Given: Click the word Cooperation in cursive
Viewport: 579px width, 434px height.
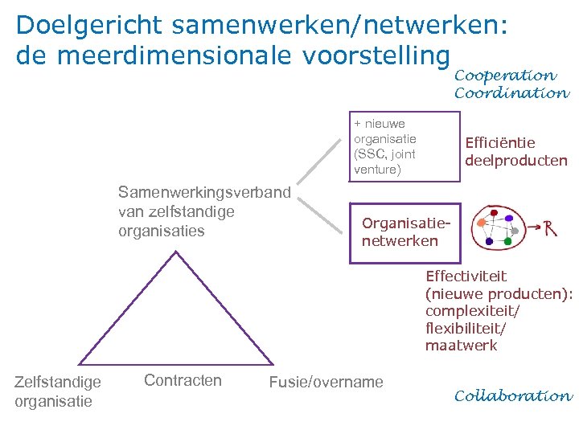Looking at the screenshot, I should coord(505,76).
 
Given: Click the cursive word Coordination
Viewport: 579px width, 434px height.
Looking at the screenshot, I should coord(511,93).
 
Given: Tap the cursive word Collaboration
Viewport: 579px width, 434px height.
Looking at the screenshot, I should coord(513,396).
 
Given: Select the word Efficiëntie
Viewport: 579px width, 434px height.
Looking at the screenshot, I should coord(500,143).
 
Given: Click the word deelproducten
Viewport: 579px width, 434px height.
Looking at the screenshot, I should coord(516,161).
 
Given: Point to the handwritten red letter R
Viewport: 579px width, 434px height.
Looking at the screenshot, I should coord(551,227).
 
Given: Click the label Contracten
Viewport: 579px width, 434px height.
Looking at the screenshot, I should coord(183,380).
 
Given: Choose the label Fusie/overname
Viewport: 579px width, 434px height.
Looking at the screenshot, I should coord(326,382).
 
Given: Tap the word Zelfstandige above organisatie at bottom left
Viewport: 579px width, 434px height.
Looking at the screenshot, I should coord(58,382).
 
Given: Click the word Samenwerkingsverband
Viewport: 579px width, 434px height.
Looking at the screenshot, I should coord(204,193).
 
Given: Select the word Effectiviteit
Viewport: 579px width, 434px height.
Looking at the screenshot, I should coord(466,276).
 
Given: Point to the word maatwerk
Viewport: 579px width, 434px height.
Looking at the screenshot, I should coord(462,346).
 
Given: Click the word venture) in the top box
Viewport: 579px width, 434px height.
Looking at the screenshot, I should coord(377,170).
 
